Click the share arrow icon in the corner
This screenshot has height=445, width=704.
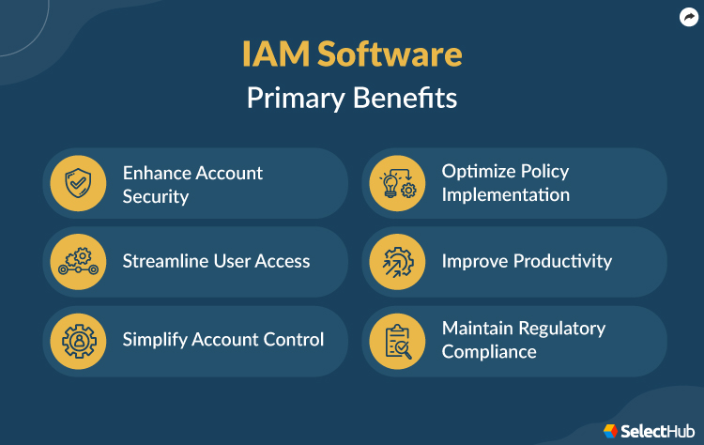coord(688,17)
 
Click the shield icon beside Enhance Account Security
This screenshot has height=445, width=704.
coord(79,184)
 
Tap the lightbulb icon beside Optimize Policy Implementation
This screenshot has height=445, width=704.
coord(397,184)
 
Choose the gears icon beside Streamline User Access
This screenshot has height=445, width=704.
coord(79,262)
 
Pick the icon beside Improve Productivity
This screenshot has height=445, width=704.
coord(397,262)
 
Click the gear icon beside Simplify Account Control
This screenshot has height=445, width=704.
coord(79,340)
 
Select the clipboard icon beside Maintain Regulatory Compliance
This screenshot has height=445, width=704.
coord(397,340)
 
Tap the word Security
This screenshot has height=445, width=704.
coord(156,196)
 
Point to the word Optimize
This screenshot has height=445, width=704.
coord(480,172)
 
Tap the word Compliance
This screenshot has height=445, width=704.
coord(489,352)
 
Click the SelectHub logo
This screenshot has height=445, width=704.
coord(647,430)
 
